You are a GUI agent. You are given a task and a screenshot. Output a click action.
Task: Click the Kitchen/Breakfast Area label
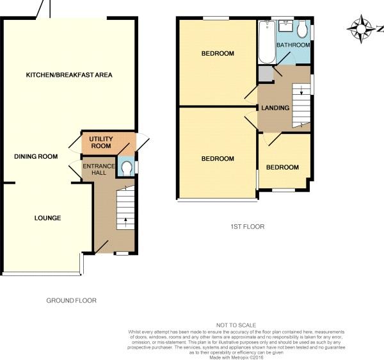(69, 75)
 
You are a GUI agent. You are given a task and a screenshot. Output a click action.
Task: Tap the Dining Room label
(36, 156)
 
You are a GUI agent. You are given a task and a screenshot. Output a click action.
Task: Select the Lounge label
(47, 218)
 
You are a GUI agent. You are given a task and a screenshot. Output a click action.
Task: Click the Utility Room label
(101, 142)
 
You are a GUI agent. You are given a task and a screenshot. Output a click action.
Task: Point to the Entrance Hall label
(99, 169)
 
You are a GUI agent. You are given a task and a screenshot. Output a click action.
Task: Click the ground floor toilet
(127, 168)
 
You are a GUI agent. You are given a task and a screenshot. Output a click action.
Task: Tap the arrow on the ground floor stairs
(125, 222)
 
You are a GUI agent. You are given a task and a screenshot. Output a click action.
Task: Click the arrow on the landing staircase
(301, 90)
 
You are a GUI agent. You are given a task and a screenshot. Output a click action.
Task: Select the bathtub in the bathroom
(267, 42)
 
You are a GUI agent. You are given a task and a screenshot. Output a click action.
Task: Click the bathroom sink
(286, 26)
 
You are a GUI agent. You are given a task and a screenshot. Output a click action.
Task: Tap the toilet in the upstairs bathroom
(303, 29)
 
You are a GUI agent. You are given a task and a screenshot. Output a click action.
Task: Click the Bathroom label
(293, 45)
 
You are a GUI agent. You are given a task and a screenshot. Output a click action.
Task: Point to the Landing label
(275, 108)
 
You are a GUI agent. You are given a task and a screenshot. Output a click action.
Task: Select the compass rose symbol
(361, 29)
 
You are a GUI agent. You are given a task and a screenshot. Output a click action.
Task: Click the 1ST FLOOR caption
(248, 227)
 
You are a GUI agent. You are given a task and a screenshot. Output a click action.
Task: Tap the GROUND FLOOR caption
(71, 300)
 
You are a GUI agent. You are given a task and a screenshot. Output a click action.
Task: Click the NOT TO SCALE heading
(236, 325)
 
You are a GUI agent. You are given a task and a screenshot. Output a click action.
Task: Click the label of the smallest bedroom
(282, 167)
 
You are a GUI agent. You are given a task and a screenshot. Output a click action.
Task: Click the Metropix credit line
(236, 357)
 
